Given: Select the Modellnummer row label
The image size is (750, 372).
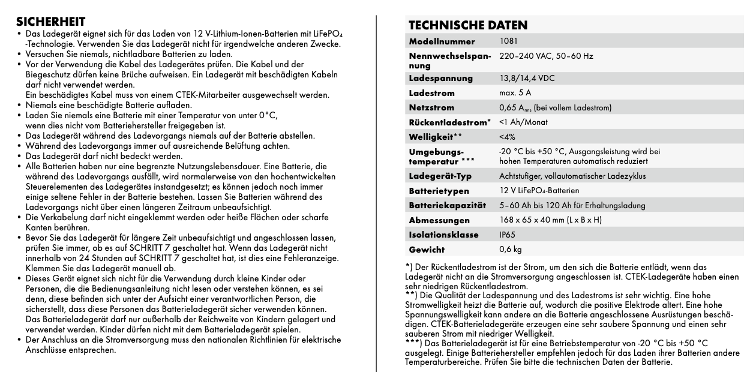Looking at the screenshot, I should coord(442,42).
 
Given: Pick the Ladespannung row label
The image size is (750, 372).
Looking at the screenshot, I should coord(440,79).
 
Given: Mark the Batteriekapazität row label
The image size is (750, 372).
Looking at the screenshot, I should coord(446,205).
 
